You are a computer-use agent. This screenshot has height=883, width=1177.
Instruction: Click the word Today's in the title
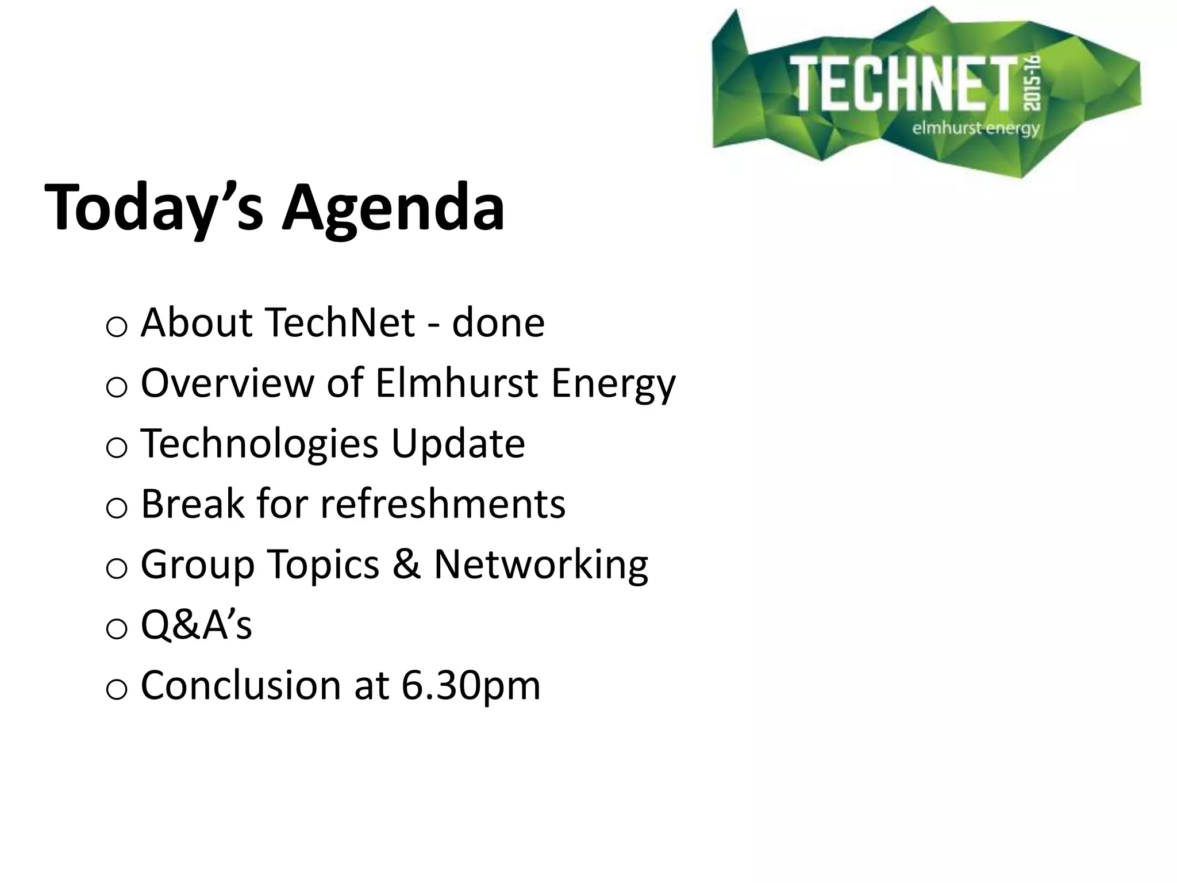click(x=154, y=208)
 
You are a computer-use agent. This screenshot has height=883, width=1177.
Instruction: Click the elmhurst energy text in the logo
click(x=975, y=128)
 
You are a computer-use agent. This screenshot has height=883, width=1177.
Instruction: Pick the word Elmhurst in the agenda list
click(x=457, y=383)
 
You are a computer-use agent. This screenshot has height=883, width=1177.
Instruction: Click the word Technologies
click(x=259, y=444)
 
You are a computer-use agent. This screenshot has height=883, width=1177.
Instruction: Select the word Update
click(x=458, y=444)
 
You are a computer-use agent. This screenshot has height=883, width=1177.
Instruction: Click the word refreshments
click(x=443, y=504)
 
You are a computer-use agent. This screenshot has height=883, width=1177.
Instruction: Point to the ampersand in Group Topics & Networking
click(x=407, y=565)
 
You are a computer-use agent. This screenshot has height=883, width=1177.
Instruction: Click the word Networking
click(x=541, y=565)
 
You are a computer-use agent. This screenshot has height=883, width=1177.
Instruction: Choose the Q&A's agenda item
click(x=196, y=625)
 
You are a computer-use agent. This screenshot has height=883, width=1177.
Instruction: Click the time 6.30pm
click(x=471, y=685)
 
